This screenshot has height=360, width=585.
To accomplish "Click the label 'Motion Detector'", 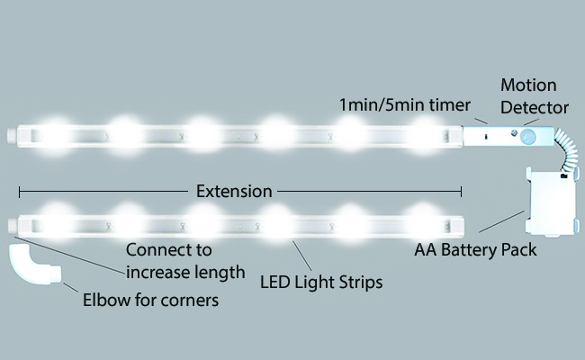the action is pyautogui.click(x=535, y=96).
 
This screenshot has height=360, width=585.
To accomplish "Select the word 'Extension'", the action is pyautogui.click(x=234, y=192).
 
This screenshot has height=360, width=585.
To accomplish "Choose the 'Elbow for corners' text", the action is pyautogui.click(x=150, y=300).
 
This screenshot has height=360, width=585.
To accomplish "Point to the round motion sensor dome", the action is pyautogui.click(x=526, y=137).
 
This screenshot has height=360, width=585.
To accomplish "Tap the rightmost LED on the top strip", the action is pyautogui.click(x=421, y=133).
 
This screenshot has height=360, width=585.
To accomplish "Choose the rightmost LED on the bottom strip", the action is pyautogui.click(x=421, y=219).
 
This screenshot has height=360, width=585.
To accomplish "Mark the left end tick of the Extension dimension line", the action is pyautogui.click(x=19, y=192).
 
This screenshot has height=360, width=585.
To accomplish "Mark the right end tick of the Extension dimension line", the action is pyautogui.click(x=462, y=192).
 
